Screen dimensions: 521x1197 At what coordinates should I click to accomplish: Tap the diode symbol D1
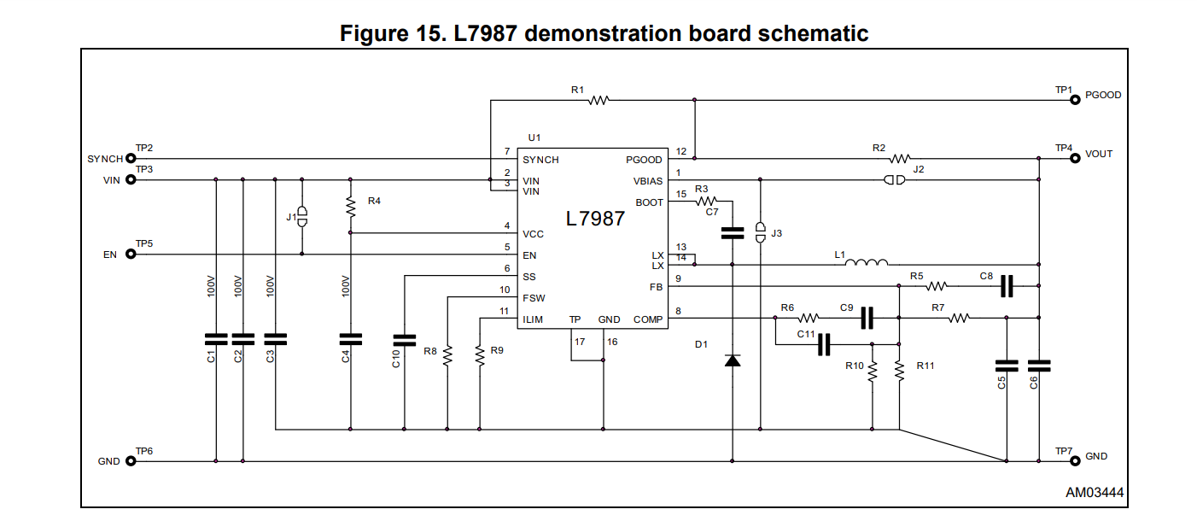click(732, 360)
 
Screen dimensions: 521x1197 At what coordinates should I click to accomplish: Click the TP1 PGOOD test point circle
click(1075, 100)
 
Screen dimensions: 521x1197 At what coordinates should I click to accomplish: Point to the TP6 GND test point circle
click(131, 461)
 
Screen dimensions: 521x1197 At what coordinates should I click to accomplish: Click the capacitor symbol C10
click(404, 337)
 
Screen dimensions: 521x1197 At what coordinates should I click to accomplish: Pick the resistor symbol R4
click(350, 206)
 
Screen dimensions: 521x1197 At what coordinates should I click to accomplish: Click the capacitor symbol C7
click(732, 231)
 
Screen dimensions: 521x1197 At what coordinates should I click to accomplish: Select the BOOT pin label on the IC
click(649, 202)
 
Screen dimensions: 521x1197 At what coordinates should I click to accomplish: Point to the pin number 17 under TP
click(580, 342)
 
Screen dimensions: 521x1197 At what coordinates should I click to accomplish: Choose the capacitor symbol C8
click(1007, 286)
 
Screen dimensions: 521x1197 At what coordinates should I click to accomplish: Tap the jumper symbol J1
click(301, 216)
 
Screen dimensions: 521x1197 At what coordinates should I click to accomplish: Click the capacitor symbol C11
click(824, 345)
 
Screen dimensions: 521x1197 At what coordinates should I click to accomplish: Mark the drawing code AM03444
click(1095, 493)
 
